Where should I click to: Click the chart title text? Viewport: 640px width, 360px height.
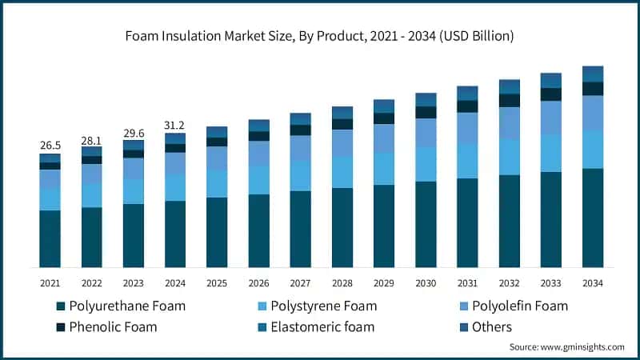(x=320, y=36)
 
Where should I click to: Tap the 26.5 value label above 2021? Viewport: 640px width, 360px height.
(x=50, y=145)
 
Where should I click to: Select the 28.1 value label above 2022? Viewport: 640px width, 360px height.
(x=91, y=140)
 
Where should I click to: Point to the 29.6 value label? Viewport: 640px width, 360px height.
(x=133, y=134)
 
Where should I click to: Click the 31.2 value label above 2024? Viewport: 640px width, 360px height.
(x=174, y=126)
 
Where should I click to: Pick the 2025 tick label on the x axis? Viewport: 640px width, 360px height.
(x=217, y=283)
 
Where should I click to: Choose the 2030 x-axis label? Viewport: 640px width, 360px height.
(x=426, y=283)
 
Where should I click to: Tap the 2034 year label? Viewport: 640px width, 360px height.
(x=593, y=283)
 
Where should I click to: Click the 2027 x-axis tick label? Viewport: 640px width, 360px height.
(x=300, y=283)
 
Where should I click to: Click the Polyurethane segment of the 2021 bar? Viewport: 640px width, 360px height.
(x=50, y=238)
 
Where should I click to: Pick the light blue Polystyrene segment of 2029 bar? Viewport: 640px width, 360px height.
(x=384, y=169)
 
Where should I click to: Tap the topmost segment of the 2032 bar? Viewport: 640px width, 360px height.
(x=510, y=86)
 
